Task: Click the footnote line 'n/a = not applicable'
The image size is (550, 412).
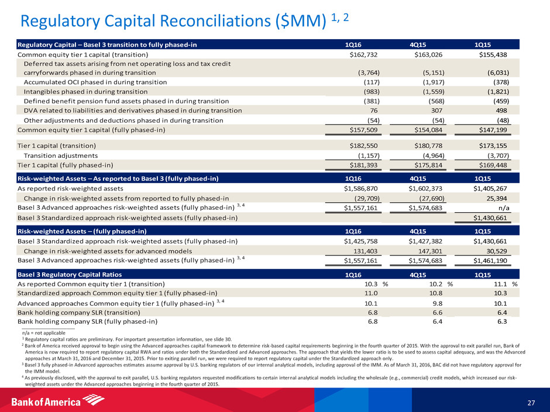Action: tap(40, 332)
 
